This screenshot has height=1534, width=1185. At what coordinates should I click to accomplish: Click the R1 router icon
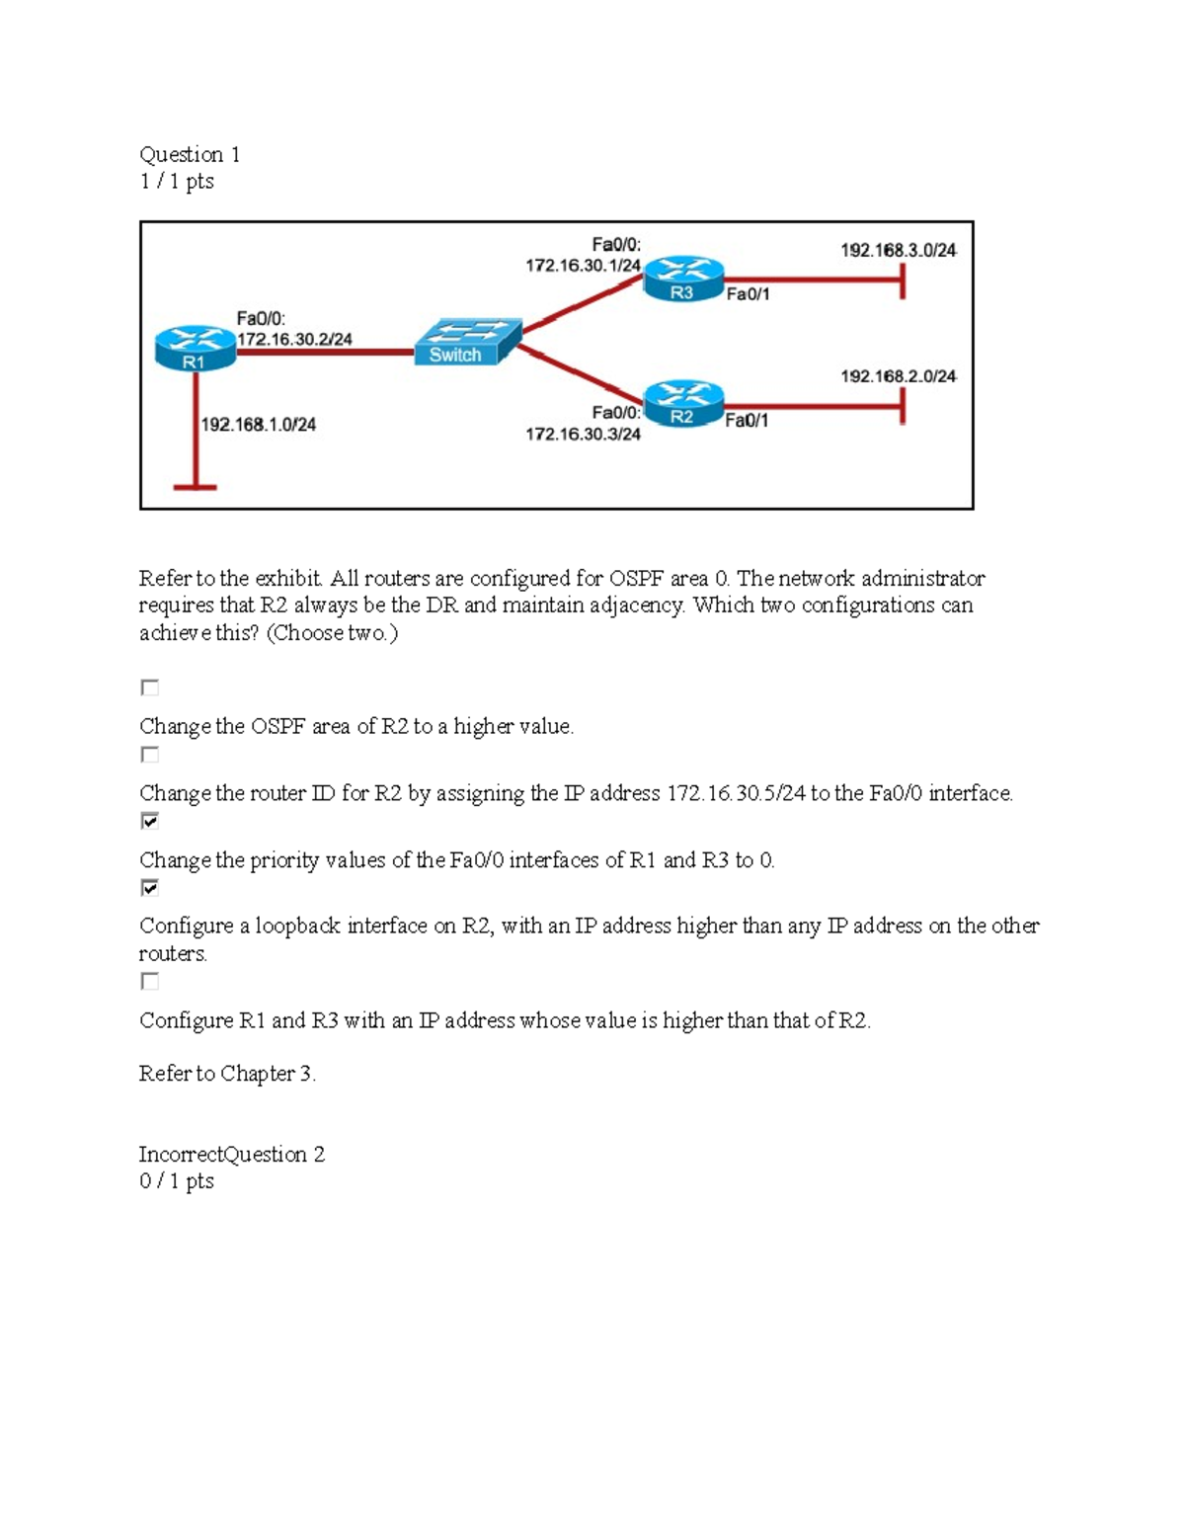tap(196, 349)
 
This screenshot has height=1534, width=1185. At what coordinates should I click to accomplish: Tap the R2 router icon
tap(682, 404)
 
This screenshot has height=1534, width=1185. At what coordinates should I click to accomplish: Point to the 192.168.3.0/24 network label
tap(898, 251)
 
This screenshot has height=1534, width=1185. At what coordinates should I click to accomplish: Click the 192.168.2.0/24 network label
tap(898, 376)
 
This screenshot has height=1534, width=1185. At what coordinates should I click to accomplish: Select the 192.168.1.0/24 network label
tap(259, 425)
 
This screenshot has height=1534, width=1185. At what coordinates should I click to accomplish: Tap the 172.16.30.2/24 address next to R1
tap(294, 339)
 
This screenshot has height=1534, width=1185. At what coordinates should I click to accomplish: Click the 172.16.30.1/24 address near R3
tap(583, 266)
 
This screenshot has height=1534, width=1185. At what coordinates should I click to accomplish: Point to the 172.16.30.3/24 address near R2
tap(583, 434)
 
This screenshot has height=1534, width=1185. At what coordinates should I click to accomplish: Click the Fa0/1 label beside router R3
tap(748, 294)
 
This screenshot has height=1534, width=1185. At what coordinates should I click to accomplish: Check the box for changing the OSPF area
tap(150, 687)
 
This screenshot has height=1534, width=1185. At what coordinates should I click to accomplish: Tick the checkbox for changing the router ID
tap(150, 755)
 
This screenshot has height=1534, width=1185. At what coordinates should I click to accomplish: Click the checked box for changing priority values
tap(150, 821)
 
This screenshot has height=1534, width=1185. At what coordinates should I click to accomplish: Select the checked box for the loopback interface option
tap(150, 888)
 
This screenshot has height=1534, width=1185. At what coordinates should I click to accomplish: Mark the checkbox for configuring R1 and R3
tap(150, 981)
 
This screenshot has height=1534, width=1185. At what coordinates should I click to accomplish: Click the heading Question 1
tap(190, 155)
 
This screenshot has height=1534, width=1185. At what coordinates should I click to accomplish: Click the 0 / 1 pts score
tap(177, 1181)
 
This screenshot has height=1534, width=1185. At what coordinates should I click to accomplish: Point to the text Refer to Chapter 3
tap(227, 1074)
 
